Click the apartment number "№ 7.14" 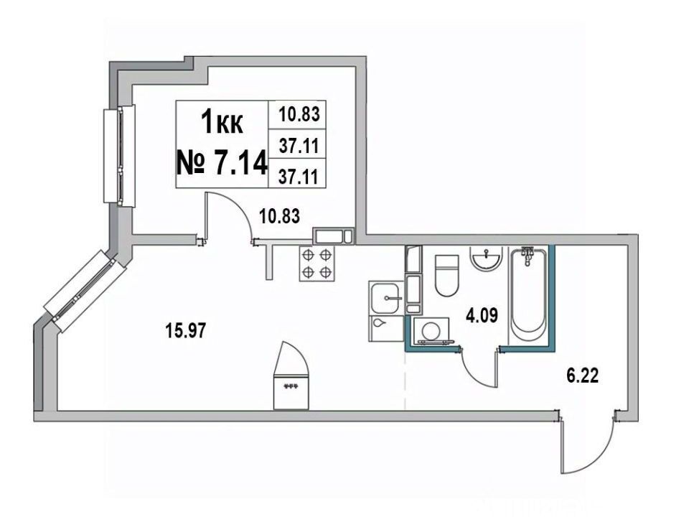coord(222,163)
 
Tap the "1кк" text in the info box coord(222,122)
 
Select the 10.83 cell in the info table coord(299,114)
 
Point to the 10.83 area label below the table coord(279,216)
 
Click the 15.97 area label coord(185,330)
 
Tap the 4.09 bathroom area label coord(482,315)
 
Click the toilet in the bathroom coord(446,275)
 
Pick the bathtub coord(528,295)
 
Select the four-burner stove coord(317,264)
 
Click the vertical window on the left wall coord(120,156)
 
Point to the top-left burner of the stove coord(309,255)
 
